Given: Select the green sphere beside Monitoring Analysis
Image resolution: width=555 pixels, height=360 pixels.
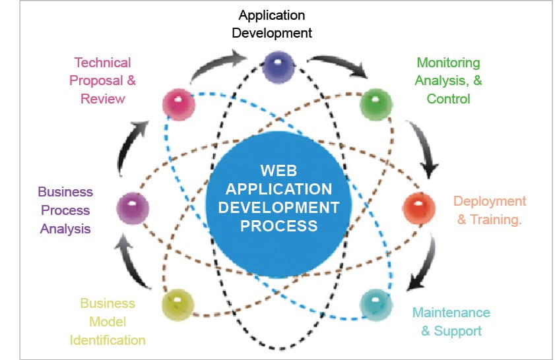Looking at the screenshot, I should (375, 104).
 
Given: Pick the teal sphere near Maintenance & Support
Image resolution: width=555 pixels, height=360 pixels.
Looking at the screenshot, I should (375, 305).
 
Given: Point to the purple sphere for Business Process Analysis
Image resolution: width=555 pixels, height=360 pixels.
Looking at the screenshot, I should (133, 210).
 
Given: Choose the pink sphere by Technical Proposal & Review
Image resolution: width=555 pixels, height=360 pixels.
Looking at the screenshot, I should (178, 104).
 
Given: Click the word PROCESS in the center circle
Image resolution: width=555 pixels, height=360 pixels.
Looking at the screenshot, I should (278, 226).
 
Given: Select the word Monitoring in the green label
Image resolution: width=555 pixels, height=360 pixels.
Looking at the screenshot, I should (448, 63).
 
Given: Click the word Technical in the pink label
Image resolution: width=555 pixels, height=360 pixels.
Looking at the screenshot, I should (102, 63).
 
